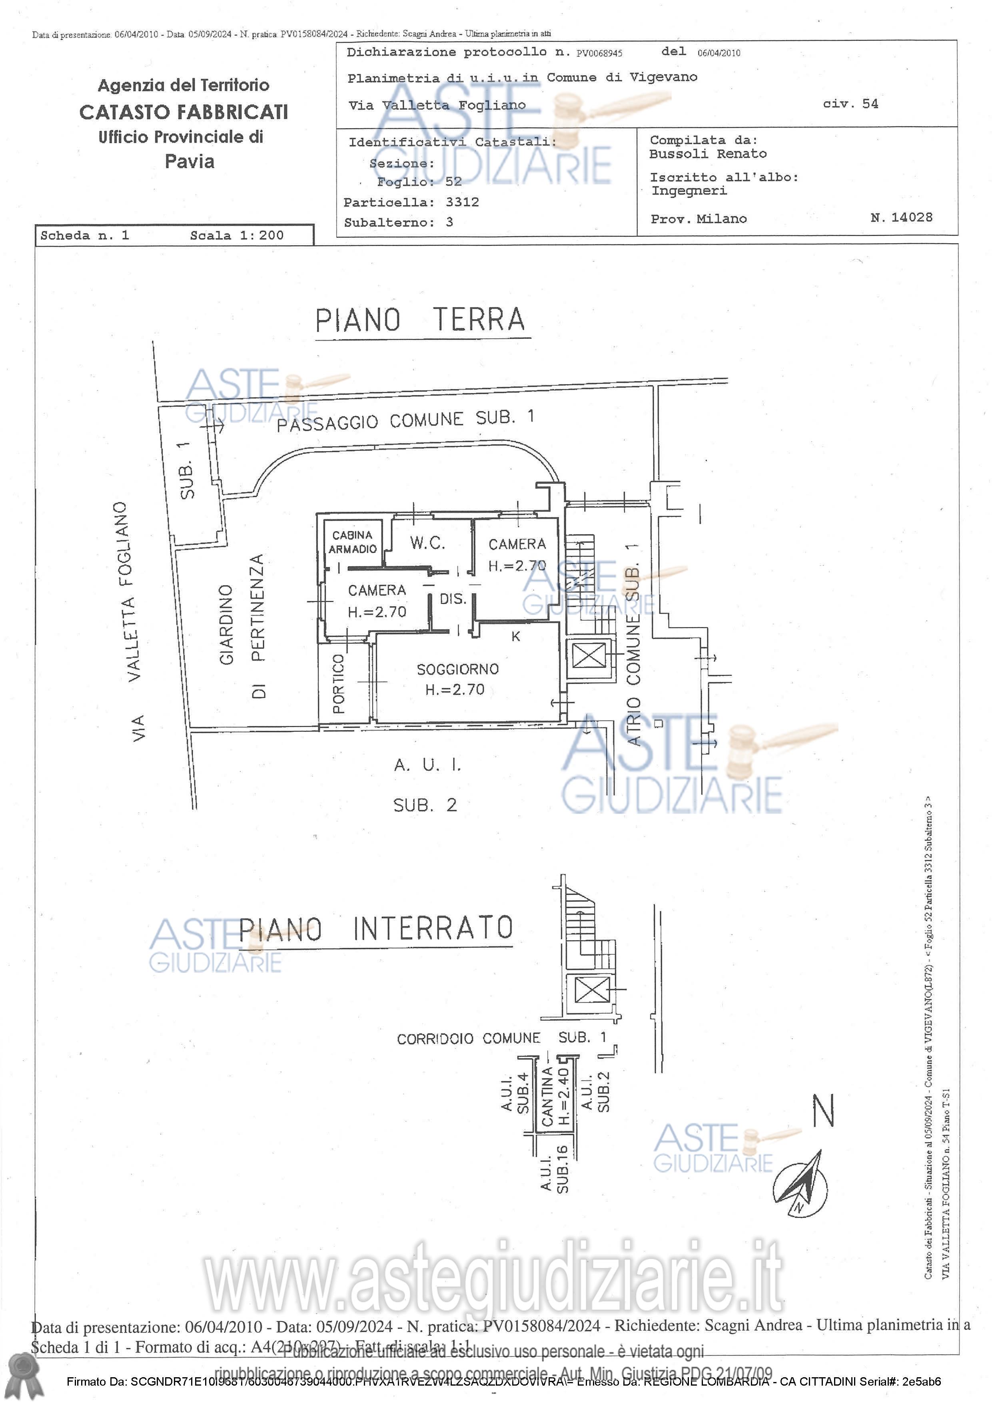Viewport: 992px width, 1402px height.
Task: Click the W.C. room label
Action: click(x=427, y=542)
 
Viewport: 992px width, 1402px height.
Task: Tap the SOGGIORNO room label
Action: click(x=457, y=669)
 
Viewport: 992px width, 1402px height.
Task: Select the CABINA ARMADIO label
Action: click(x=352, y=542)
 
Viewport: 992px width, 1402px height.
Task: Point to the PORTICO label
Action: click(x=338, y=684)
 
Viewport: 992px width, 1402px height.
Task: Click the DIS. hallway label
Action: click(x=453, y=599)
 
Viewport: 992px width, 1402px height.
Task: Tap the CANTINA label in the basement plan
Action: click(x=547, y=1097)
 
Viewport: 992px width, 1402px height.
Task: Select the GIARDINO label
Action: click(x=227, y=624)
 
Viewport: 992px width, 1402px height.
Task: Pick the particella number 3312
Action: click(x=462, y=202)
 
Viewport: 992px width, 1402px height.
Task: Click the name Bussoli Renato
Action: click(x=707, y=154)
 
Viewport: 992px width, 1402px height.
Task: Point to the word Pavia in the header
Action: click(x=190, y=162)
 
